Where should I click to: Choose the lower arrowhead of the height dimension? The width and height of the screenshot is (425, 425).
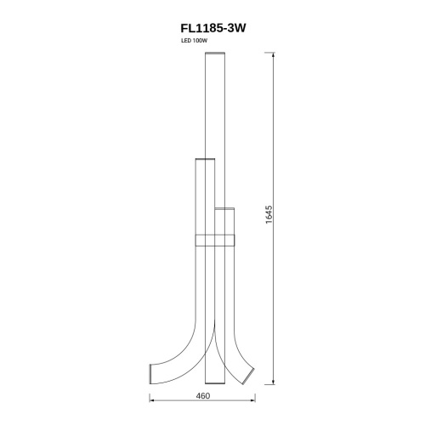[273, 382]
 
